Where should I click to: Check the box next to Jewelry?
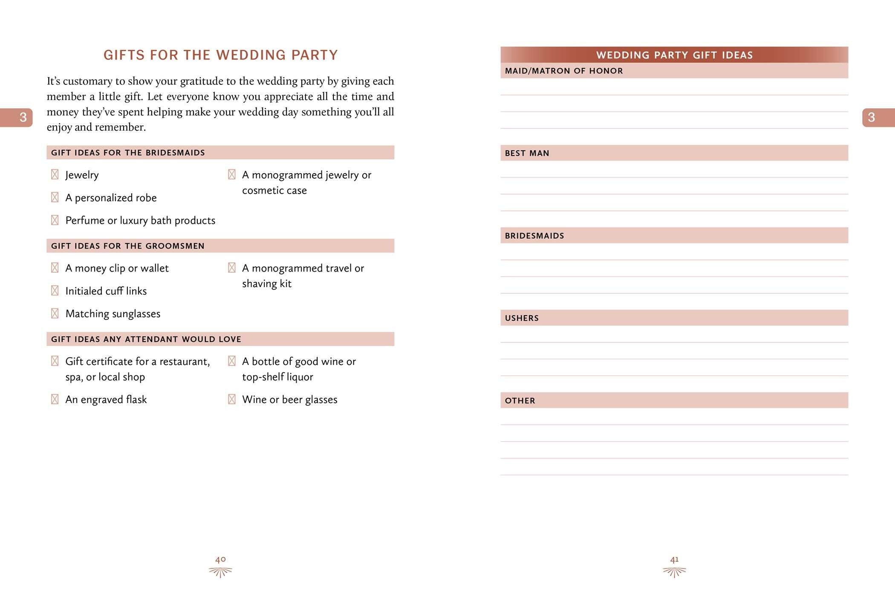tap(55, 174)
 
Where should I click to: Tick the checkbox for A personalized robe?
tap(55, 197)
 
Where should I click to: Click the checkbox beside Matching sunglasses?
tap(55, 313)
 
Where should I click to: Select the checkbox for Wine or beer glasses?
tap(231, 399)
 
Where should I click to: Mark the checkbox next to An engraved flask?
tap(55, 399)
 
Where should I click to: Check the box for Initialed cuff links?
tap(55, 291)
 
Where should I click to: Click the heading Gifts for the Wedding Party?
tap(220, 55)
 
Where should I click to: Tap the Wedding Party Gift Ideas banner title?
tap(674, 55)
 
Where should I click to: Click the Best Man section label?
tap(527, 153)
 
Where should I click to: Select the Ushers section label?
tap(522, 318)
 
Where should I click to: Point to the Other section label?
tap(520, 400)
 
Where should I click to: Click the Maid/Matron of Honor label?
tap(563, 71)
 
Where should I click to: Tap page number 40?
tap(220, 559)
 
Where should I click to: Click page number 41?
tap(674, 559)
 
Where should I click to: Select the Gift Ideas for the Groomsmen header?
tap(128, 246)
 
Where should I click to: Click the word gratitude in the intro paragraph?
tap(202, 81)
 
